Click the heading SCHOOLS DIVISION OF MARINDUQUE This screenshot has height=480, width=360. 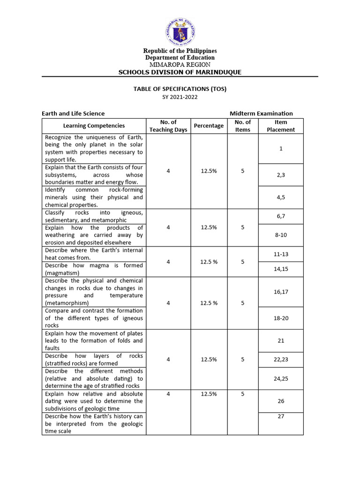180,72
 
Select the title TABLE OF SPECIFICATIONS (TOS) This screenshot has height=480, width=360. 180,89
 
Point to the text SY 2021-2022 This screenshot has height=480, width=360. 180,97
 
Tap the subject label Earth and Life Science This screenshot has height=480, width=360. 73,113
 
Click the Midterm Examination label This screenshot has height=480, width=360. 261,113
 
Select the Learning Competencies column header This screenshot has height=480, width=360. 94,126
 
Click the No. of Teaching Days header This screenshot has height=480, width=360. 168,126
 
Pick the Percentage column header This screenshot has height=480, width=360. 209,126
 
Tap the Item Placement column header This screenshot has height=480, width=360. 281,126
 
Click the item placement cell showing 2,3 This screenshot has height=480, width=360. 281,174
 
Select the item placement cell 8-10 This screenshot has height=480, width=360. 281,235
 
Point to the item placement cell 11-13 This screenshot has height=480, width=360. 281,254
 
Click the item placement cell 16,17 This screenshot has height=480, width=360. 281,292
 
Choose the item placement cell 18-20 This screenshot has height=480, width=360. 281,318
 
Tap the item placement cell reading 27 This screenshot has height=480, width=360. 281,416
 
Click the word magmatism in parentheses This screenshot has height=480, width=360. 62,273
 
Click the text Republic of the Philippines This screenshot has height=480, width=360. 180,51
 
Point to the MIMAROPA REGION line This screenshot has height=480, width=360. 180,64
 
